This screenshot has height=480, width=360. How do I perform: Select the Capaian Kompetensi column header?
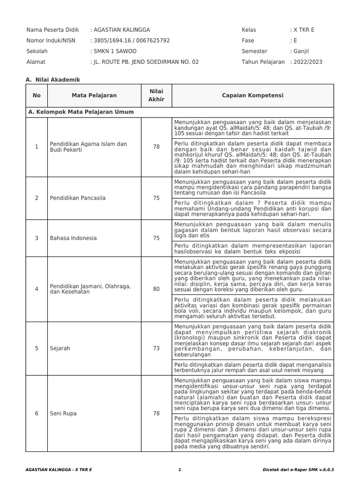[253, 96]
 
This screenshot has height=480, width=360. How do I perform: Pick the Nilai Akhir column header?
[156, 96]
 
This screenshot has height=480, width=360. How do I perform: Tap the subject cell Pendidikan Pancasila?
[77, 198]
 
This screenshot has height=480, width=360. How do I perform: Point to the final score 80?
[156, 289]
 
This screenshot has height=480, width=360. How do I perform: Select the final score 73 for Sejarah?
[156, 348]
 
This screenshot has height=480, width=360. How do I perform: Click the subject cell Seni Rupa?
[63, 413]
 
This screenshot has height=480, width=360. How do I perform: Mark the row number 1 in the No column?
[37, 147]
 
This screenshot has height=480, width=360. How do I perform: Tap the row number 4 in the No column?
[37, 289]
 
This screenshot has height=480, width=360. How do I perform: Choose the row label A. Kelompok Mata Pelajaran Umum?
[81, 112]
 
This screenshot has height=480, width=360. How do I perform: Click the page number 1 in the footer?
[180, 469]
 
